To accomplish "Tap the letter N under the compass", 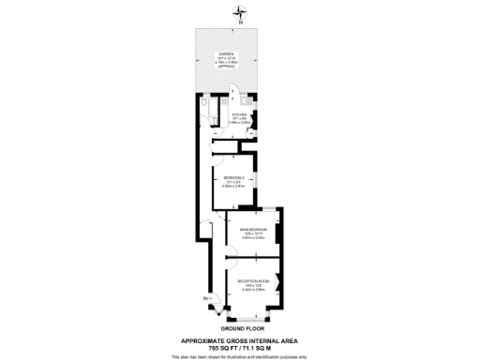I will click(240, 22).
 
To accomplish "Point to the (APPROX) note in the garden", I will click(227, 67).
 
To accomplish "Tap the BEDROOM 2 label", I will click(234, 178).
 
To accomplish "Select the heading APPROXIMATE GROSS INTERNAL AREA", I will click(240, 341).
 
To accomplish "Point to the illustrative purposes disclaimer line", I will click(240, 357).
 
